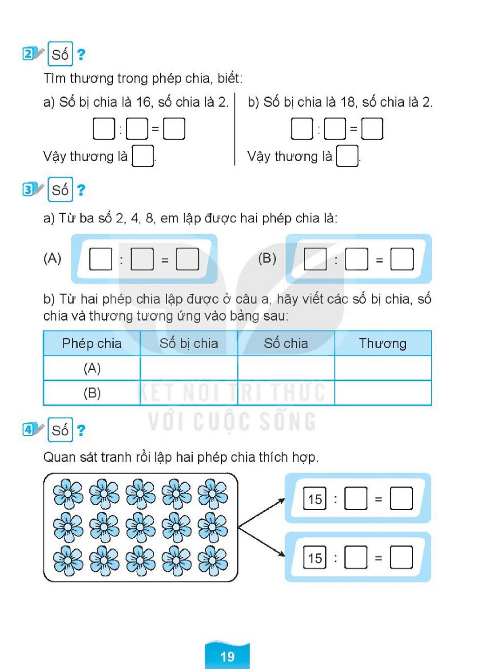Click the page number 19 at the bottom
click(227, 656)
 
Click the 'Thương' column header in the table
click(383, 343)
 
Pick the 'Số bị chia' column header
click(189, 343)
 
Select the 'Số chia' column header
click(286, 343)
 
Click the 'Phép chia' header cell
click(92, 344)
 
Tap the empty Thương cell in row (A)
click(383, 368)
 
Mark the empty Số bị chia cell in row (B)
click(189, 393)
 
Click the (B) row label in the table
click(92, 393)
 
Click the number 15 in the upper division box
click(315, 499)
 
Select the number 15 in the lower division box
click(315, 558)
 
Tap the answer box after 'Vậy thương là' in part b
click(347, 155)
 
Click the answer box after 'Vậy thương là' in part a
click(143, 155)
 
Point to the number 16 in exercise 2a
click(143, 102)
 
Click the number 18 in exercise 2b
click(348, 102)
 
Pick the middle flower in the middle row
click(140, 527)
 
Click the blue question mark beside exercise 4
click(81, 430)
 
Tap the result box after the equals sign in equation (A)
click(187, 259)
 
